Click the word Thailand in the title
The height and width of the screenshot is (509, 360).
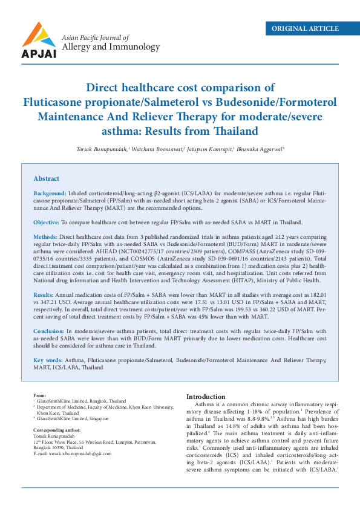click(238, 131)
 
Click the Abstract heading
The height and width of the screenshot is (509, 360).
click(47, 178)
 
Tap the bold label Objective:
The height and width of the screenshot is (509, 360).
click(46, 222)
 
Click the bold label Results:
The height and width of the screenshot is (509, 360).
click(44, 293)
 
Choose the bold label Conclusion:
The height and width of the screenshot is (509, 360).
click(48, 331)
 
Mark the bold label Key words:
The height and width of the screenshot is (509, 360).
click(47, 360)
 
